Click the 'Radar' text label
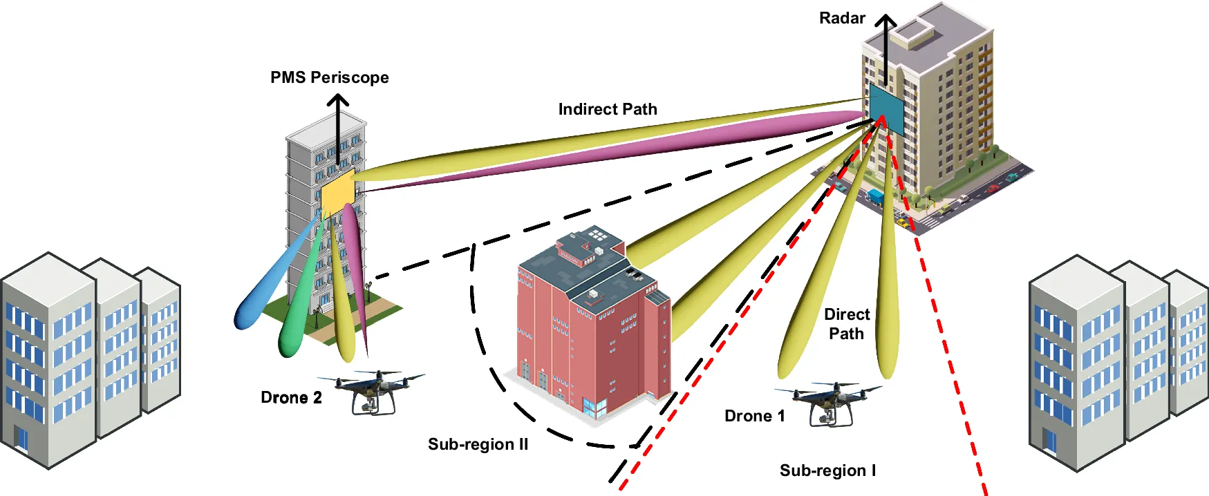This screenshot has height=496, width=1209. tap(841, 19)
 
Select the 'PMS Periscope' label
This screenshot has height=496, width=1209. tap(329, 77)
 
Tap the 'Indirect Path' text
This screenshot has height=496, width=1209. tap(607, 109)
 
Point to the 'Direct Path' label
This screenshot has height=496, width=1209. tap(846, 324)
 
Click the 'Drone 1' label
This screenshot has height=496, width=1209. tap(754, 416)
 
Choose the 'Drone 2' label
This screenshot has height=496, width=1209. tap(291, 397)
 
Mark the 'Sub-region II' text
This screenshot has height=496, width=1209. tap(478, 444)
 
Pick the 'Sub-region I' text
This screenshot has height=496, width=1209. tap(827, 470)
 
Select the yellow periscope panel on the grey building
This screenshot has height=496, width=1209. tap(338, 191)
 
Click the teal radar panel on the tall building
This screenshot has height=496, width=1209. tap(886, 109)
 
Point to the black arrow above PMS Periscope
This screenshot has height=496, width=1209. tap(337, 128)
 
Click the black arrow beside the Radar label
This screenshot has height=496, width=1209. tap(885, 48)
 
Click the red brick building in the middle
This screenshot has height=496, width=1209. tap(588, 325)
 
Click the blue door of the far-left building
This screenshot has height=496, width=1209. tap(21, 440)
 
